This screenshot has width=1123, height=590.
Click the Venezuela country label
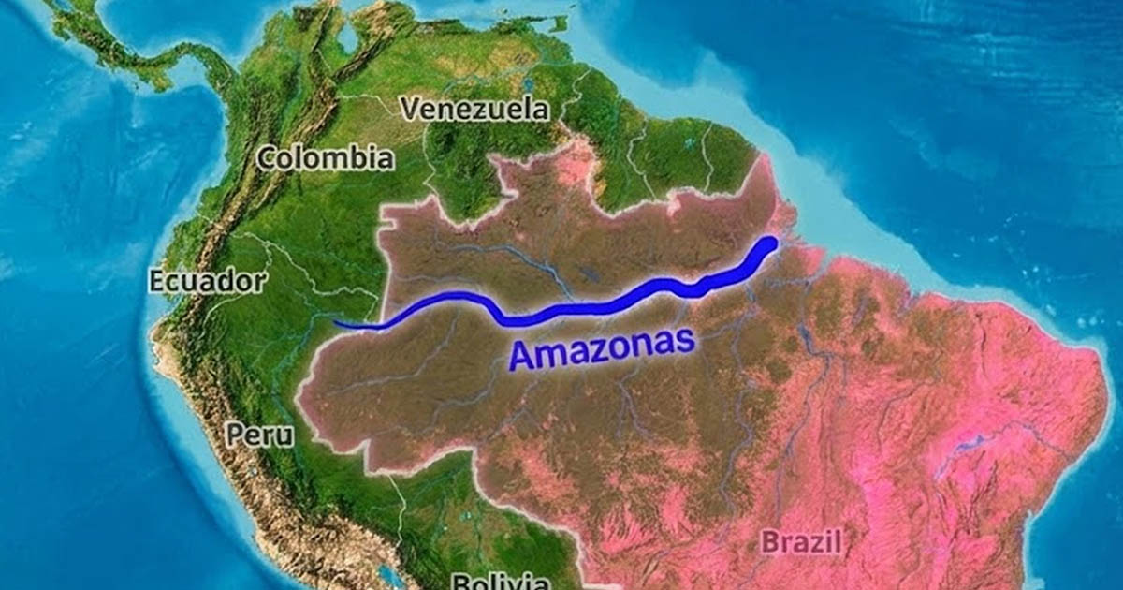pos(474,109)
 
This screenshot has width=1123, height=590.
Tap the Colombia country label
pos(325,157)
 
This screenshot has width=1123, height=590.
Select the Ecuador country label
pos(207,281)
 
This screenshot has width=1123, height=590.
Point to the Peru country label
pos(259,435)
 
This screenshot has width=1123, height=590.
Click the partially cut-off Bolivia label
pos(501,581)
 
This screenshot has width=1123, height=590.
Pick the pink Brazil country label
pos(801,541)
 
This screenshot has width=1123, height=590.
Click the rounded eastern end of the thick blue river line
pos(769,245)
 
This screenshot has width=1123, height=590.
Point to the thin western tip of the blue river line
pos(337,324)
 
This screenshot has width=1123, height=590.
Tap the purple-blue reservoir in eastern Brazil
pos(964,440)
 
